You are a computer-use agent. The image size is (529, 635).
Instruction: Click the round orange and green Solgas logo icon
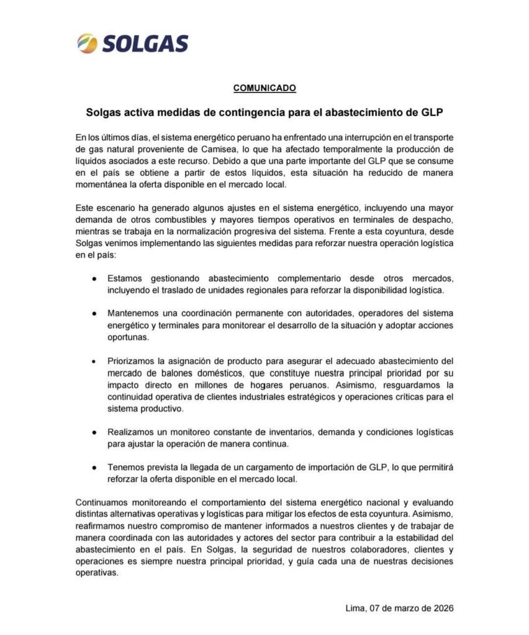(x=87, y=44)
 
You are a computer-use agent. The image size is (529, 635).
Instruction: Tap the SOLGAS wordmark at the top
(x=143, y=44)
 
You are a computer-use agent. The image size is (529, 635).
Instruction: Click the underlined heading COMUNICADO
(x=264, y=88)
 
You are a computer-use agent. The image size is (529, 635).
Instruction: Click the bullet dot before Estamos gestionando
(x=94, y=278)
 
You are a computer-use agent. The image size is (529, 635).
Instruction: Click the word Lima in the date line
(x=355, y=608)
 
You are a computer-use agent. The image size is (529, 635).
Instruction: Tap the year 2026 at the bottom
(x=441, y=608)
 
